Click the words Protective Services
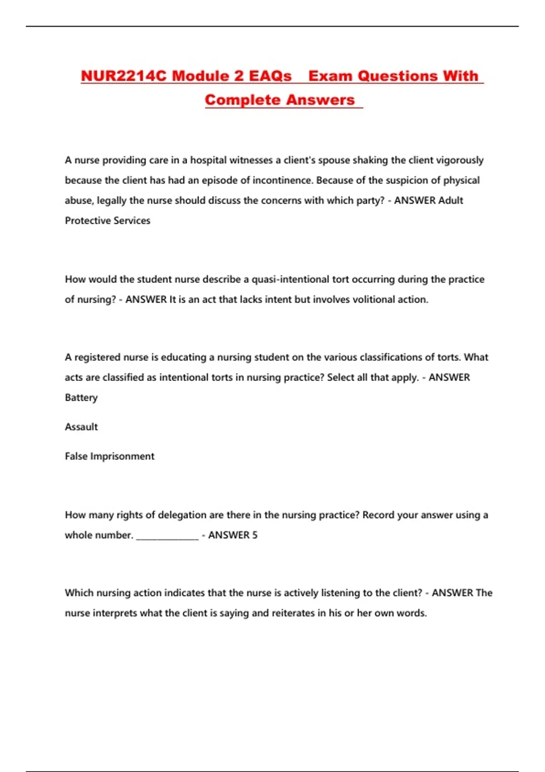point(108,221)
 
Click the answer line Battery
point(81,398)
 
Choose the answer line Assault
point(81,427)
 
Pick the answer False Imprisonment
point(109,456)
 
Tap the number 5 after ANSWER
point(255,535)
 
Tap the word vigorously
point(460,160)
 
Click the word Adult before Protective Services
point(451,200)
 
